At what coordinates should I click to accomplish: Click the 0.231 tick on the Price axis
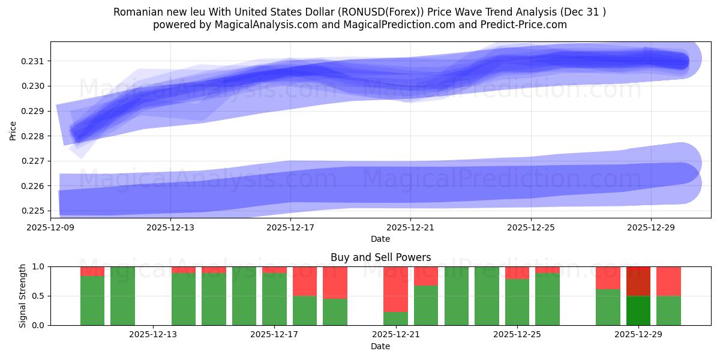tap(35, 61)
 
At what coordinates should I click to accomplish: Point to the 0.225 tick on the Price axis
tap(35, 211)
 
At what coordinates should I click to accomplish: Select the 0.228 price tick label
tap(35, 136)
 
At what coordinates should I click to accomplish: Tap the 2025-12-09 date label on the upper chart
tap(50, 227)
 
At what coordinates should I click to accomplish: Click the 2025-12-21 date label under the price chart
tap(410, 227)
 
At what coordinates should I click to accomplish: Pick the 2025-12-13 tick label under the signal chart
tap(153, 335)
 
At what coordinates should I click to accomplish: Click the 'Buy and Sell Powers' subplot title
tap(380, 257)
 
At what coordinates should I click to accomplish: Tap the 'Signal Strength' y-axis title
tap(22, 296)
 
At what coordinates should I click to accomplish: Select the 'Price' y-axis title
tap(13, 130)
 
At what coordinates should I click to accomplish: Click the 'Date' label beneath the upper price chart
tap(380, 239)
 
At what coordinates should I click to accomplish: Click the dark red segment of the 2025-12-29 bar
tap(638, 281)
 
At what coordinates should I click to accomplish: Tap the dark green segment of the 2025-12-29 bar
tap(638, 310)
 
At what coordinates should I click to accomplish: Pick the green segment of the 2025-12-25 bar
tap(517, 302)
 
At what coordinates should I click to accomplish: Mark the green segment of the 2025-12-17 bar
tap(274, 299)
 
